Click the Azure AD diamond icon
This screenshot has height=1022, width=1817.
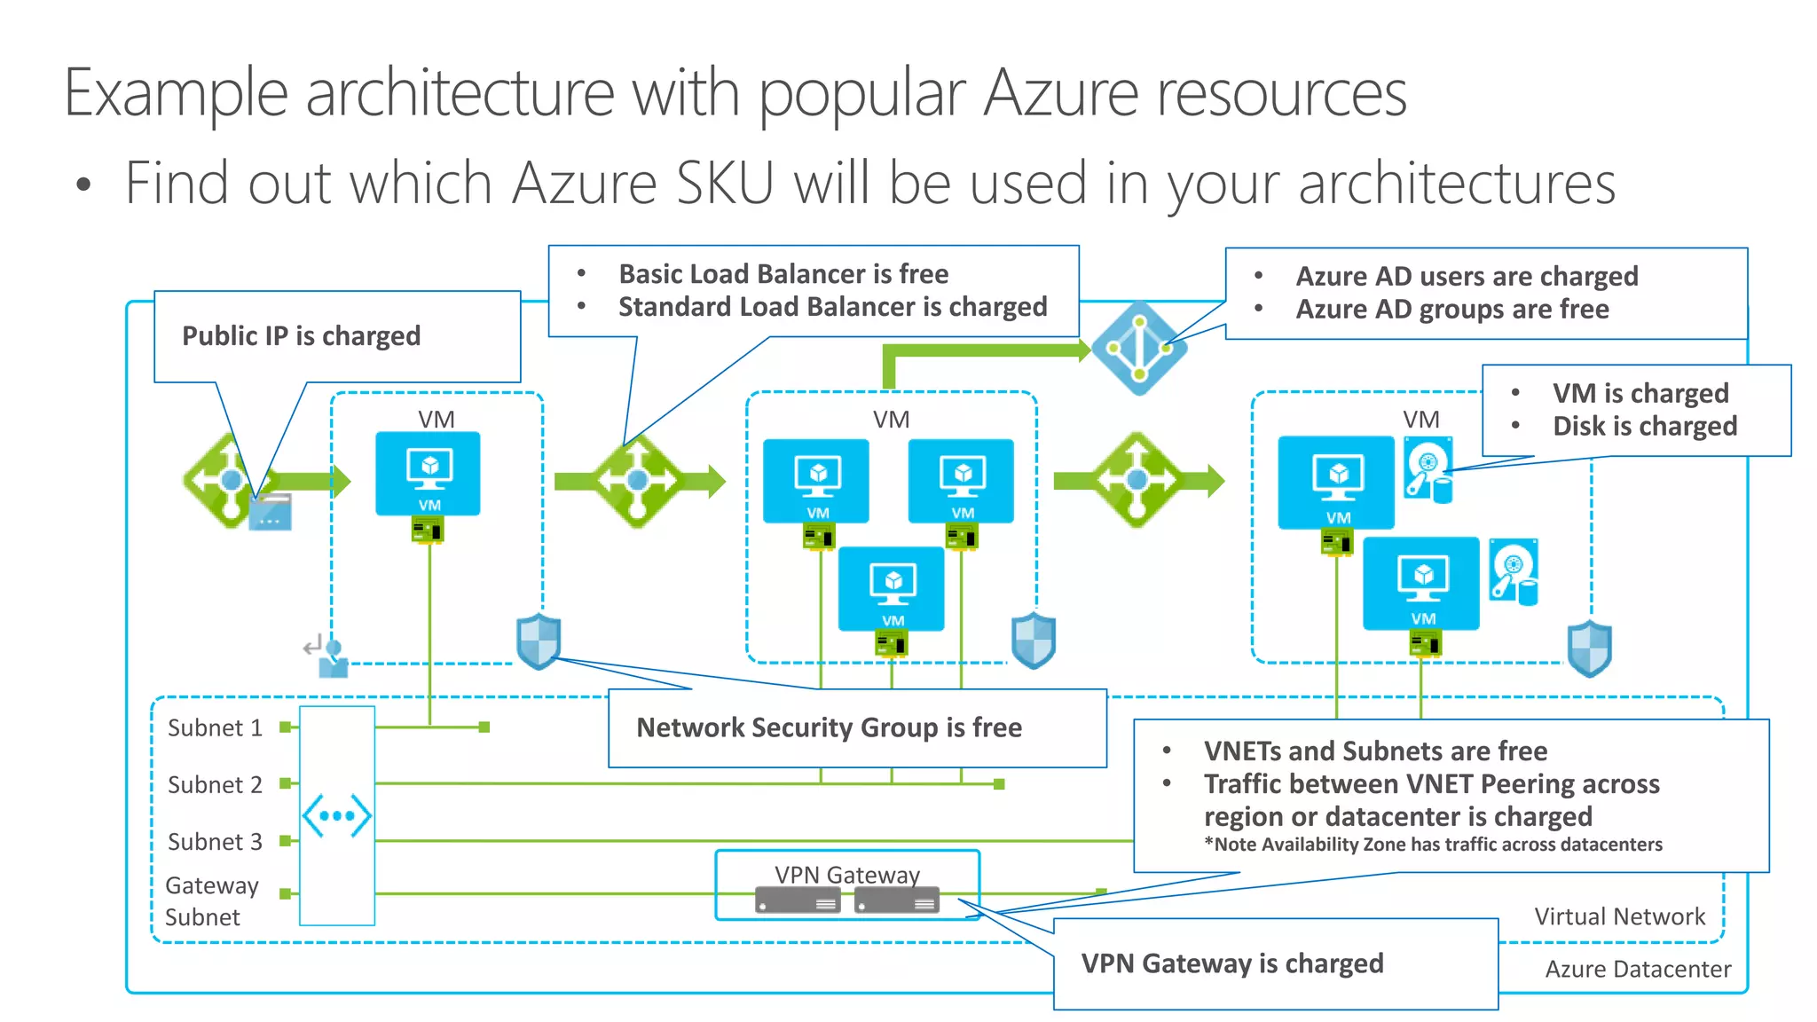coord(1139,349)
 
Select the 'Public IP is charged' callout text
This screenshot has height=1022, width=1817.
coord(301,336)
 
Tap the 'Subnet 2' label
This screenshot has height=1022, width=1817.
coord(215,785)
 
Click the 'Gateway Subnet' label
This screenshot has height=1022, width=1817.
coord(211,900)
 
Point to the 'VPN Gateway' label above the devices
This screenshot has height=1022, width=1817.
coord(846,875)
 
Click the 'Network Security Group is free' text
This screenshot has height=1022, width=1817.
coord(829,728)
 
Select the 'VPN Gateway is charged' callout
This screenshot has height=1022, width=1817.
coord(1231,963)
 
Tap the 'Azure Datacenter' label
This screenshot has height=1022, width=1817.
coord(1637,969)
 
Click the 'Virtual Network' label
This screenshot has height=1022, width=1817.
coord(1619,916)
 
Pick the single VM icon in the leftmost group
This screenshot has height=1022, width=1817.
coord(428,474)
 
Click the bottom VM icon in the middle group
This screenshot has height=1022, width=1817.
coord(892,588)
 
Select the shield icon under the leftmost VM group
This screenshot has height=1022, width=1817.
coord(539,641)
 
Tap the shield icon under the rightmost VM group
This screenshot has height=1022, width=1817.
coord(1589,649)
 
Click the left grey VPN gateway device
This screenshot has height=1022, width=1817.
coord(798,902)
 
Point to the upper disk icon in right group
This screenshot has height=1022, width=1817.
coord(1428,468)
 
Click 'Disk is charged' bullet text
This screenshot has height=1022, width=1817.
coord(1644,427)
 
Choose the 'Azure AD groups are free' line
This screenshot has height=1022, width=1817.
coord(1451,310)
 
